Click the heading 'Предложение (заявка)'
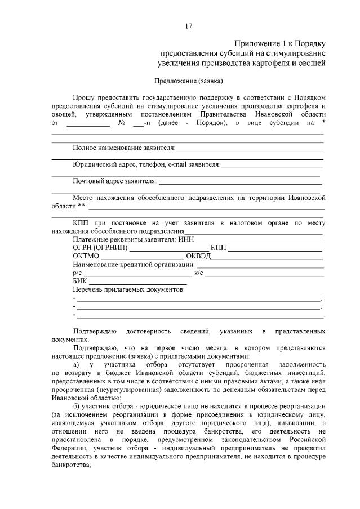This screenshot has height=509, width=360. pos(189,81)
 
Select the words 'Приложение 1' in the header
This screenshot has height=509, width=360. pos(257,43)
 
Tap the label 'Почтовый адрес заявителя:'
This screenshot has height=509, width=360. pos(114,181)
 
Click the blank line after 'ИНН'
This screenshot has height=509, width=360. pos(260,240)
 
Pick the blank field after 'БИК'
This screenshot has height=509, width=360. pos(138,281)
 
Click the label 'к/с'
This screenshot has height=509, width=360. pos(198,273)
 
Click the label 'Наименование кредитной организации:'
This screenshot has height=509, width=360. pos(133,264)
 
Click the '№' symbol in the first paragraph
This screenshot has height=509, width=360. pos(121,122)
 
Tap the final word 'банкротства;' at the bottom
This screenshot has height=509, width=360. pos(70,466)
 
